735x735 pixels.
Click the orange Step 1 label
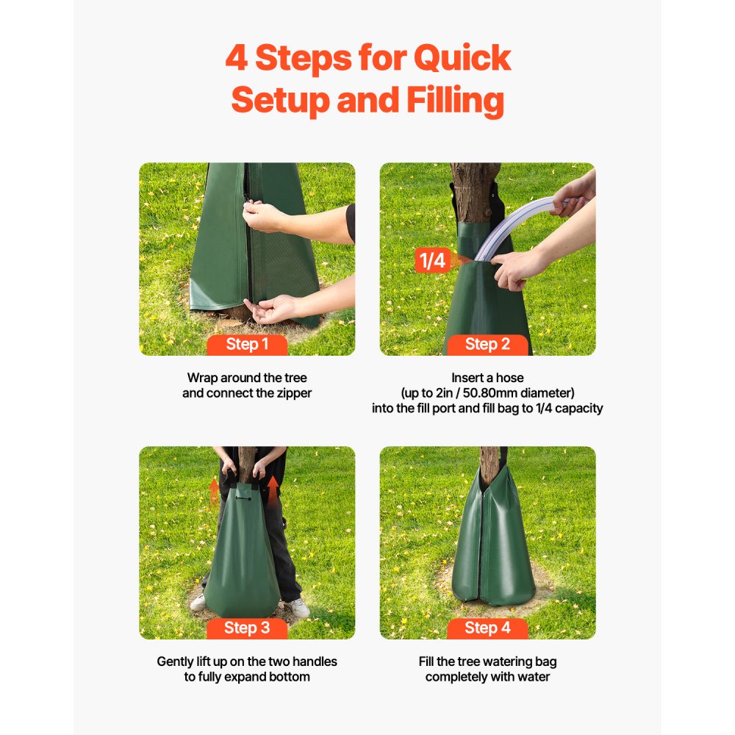[247, 345]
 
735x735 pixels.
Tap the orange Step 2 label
[487, 345]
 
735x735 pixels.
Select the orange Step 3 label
[247, 628]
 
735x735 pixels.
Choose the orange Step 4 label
[487, 628]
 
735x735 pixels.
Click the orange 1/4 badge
[431, 260]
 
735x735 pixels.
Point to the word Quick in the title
[462, 58]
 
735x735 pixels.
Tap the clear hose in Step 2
[514, 220]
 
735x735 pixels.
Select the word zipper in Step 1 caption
[292, 393]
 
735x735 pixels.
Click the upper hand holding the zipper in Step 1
[264, 217]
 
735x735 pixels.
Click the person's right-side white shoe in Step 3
[298, 608]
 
